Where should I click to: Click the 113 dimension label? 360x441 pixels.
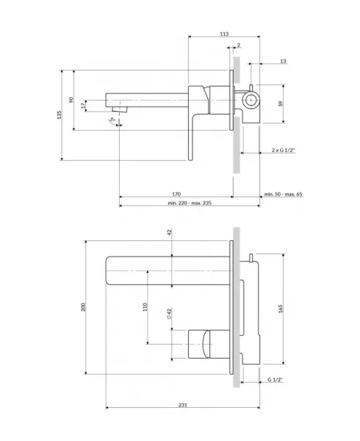[224, 34]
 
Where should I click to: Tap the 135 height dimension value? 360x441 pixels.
[59, 115]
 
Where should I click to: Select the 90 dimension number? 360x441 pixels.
[71, 99]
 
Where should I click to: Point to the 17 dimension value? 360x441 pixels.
[83, 106]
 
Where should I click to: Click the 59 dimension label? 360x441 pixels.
[280, 104]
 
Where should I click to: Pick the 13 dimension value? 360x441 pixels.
[283, 61]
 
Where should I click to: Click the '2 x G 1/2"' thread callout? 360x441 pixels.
[283, 150]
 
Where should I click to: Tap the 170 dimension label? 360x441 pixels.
[176, 194]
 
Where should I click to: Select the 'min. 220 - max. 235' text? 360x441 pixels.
[190, 203]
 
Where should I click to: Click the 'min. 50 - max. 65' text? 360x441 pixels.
[283, 194]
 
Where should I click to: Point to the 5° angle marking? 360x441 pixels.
[112, 119]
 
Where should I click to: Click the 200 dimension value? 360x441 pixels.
[83, 306]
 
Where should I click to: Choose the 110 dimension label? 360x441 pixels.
[145, 306]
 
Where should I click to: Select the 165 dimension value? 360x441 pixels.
[281, 309]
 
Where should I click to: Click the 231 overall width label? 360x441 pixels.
[183, 405]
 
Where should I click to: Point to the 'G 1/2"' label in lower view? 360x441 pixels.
[275, 380]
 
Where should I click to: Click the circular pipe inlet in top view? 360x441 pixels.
[250, 100]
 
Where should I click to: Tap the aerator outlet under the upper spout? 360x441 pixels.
[120, 109]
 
